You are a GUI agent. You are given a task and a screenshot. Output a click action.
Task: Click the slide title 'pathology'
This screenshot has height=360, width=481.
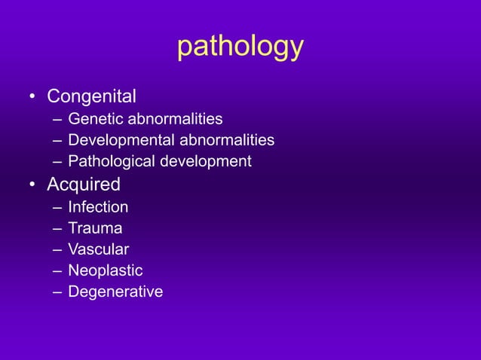pos(240,47)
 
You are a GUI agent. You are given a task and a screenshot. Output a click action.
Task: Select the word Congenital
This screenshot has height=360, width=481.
pos(91,96)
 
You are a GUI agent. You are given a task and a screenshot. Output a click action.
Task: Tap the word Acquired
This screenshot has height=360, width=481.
pos(84,185)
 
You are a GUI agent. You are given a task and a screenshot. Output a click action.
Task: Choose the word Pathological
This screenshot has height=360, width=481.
pos(110,161)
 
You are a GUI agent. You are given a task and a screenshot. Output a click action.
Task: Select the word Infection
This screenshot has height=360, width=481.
pos(98,206)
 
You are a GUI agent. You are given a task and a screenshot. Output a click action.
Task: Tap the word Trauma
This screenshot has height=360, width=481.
pos(95,227)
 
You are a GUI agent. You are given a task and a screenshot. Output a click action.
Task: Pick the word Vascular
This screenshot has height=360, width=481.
pos(98,249)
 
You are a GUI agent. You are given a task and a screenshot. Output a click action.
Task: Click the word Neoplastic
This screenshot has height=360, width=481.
pos(105,270)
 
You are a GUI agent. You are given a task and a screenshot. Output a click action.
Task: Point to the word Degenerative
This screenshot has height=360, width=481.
pos(115,291)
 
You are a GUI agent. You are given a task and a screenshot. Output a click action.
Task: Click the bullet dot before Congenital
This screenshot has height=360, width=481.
pos(32,98)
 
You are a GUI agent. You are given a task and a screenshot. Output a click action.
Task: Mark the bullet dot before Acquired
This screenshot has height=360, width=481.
pos(32,185)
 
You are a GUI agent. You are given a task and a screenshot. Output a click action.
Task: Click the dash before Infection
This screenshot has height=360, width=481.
pos(57,207)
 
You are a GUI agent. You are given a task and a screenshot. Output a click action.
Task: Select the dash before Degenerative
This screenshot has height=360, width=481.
pos(57,292)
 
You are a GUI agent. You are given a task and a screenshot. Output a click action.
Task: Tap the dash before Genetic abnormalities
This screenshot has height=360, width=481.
pos(57,120)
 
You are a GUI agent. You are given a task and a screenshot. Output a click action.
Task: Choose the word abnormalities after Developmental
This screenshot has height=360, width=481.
pos(226,140)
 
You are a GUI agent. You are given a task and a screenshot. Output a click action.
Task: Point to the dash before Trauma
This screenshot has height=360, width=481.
pos(57,228)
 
